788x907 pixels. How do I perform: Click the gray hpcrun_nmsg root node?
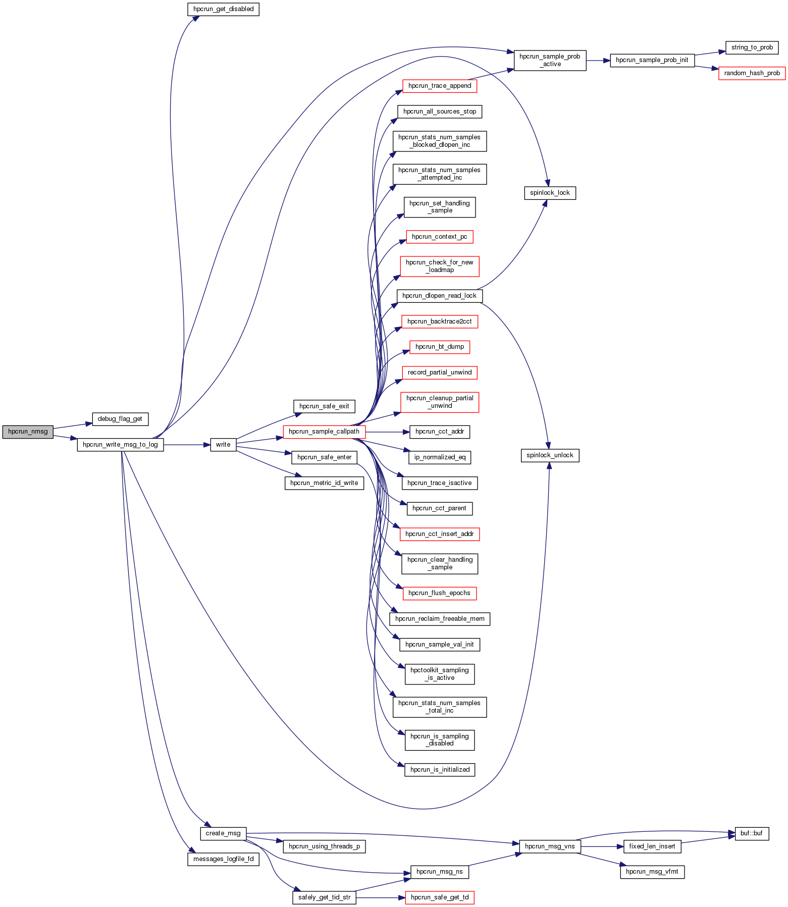click(28, 432)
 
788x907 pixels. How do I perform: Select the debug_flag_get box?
click(120, 419)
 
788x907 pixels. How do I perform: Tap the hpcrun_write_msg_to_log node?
click(120, 445)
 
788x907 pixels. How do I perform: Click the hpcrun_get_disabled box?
click(223, 9)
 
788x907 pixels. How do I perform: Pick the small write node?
click(223, 445)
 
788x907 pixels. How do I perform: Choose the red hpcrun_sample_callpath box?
click(324, 432)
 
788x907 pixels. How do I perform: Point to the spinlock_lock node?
click(550, 193)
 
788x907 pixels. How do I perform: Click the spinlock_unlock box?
click(550, 455)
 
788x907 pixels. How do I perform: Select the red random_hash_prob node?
click(752, 73)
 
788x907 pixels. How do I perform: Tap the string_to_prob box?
click(752, 47)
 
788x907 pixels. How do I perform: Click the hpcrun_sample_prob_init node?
click(652, 60)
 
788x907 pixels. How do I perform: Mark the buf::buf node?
click(752, 833)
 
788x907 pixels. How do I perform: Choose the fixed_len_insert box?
click(652, 846)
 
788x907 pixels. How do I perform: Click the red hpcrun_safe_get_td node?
click(440, 897)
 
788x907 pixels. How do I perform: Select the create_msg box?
click(223, 833)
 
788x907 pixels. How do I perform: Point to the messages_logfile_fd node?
click(223, 859)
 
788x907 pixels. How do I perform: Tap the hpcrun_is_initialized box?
click(440, 770)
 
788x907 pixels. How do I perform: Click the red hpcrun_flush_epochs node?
click(440, 593)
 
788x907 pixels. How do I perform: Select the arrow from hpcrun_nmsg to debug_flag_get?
click(72, 426)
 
